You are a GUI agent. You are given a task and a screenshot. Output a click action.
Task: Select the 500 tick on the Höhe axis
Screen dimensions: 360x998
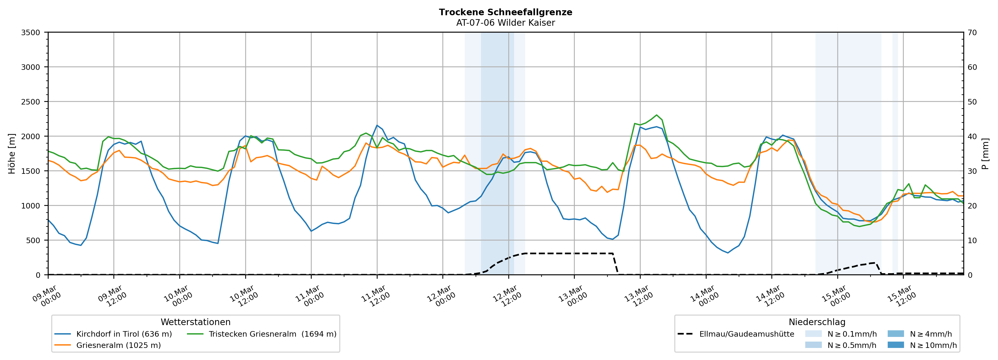tap(33, 240)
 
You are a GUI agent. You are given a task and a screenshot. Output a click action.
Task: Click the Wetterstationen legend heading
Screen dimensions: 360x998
tap(195, 322)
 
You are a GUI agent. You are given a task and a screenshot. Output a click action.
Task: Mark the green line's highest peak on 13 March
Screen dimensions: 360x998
tap(656, 115)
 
